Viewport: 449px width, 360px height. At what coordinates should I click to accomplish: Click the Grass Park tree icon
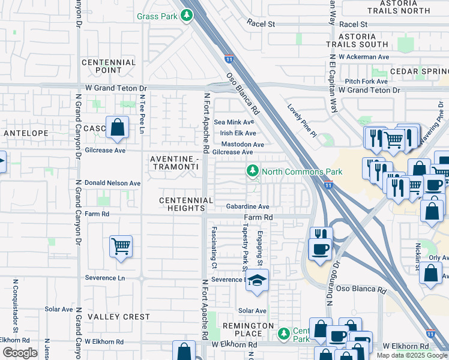[x=187, y=16]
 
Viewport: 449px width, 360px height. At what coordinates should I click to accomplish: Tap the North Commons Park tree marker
[x=253, y=172]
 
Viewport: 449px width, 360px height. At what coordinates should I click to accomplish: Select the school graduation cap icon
[x=257, y=281]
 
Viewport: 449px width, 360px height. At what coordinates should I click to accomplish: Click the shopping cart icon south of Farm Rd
[x=121, y=246]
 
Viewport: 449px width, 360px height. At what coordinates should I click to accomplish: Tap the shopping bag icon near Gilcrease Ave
[x=117, y=127]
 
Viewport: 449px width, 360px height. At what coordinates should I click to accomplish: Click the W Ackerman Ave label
[x=364, y=57]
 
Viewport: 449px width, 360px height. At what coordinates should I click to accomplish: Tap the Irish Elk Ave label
[x=238, y=133]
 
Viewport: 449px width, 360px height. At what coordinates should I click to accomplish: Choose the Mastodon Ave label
[x=243, y=145]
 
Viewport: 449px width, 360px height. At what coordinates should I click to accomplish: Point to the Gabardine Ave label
[x=247, y=206]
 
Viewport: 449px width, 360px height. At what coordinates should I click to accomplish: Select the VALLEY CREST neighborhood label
[x=119, y=317]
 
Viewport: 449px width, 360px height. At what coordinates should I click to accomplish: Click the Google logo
[x=20, y=353]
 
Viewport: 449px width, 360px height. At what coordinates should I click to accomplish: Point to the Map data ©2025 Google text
[x=412, y=355]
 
